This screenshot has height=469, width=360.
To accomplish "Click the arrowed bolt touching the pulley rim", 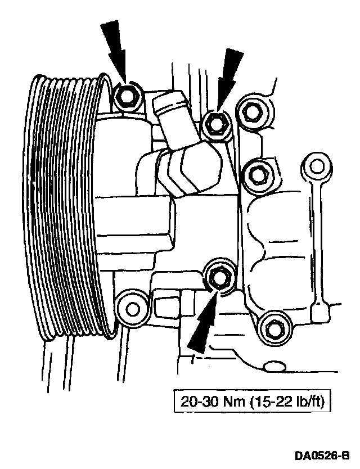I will [x=126, y=97].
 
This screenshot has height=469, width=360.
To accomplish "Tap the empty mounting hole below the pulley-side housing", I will [x=132, y=308].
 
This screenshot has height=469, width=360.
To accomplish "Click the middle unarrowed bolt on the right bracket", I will [x=257, y=173].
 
